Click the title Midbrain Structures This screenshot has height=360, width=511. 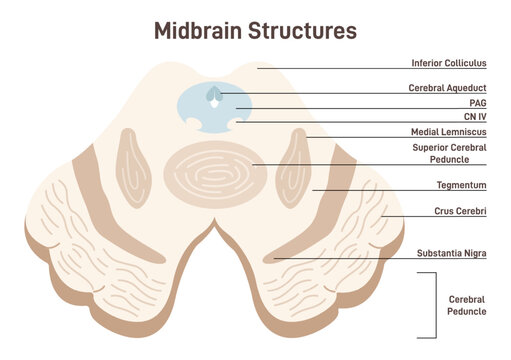[255, 30]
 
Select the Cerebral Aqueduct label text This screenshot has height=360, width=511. [447, 88]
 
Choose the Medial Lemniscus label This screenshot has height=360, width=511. [448, 132]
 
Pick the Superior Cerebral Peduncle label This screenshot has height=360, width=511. [449, 152]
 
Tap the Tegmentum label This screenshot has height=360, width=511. [461, 185]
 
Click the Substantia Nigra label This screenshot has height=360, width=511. [451, 253]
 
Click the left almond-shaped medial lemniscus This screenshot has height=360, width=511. [134, 163]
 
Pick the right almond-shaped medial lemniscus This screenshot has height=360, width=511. [297, 163]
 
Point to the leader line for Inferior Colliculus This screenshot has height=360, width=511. [330, 67]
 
